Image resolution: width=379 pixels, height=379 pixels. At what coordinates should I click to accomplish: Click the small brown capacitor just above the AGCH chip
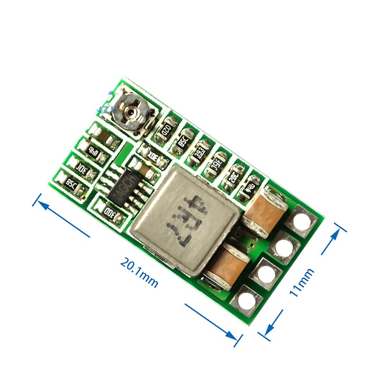click(x=139, y=166)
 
